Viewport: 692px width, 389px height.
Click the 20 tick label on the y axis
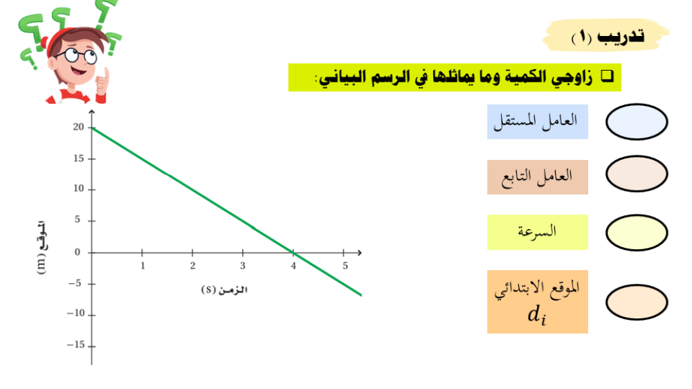(x=78, y=127)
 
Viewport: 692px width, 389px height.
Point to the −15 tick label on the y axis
(x=75, y=345)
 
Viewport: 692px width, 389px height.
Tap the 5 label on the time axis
(x=345, y=266)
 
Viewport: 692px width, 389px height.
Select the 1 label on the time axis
(x=143, y=266)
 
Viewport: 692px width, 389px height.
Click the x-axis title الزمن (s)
(x=224, y=289)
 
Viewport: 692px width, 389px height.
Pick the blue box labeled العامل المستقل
(x=538, y=122)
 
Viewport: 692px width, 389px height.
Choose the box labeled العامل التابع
(x=538, y=177)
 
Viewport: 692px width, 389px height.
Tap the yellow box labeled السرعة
(x=538, y=233)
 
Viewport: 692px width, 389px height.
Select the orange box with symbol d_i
(x=538, y=302)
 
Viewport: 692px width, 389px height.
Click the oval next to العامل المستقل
(x=637, y=122)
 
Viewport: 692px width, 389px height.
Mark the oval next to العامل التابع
(x=637, y=174)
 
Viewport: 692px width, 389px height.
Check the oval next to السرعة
(x=637, y=233)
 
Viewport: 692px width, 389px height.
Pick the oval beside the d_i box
(x=637, y=302)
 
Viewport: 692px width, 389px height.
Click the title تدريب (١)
(x=608, y=37)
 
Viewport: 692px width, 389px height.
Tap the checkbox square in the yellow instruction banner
(x=608, y=76)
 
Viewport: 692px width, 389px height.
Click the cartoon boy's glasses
(x=78, y=56)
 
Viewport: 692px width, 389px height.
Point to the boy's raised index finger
(x=105, y=74)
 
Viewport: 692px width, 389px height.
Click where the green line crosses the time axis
(x=293, y=253)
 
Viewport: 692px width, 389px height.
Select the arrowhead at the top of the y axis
(x=92, y=112)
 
